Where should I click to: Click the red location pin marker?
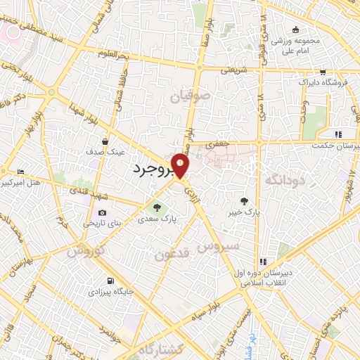tap(181, 166)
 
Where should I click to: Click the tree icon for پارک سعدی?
tap(157, 207)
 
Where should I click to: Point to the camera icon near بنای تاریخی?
tap(103, 213)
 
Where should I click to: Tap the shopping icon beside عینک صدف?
tap(105, 141)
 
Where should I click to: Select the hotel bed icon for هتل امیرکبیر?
tap(20, 172)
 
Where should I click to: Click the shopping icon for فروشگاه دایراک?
tap(322, 72)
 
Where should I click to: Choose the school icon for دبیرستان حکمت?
tap(338, 134)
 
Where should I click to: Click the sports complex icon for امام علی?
tap(296, 30)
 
